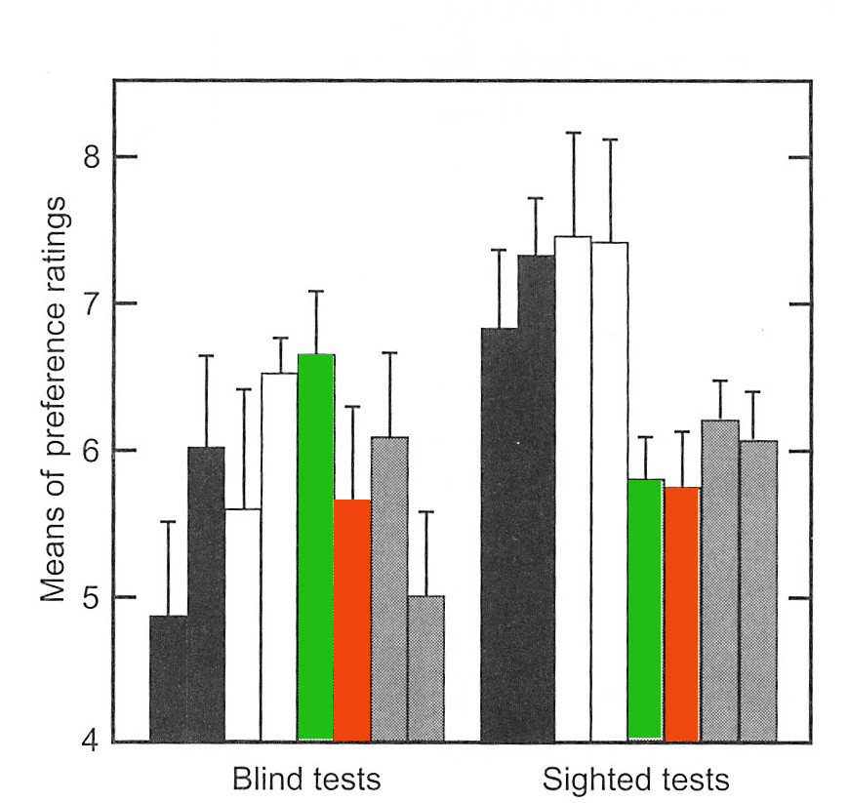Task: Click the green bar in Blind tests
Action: [x=315, y=546]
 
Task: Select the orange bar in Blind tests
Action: [x=352, y=620]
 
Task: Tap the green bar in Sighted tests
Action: [x=645, y=610]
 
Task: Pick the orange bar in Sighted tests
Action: [x=682, y=613]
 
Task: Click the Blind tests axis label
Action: [x=305, y=781]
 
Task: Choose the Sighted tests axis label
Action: [x=635, y=781]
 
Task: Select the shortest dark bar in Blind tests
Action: [x=168, y=678]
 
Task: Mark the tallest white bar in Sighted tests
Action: [x=573, y=488]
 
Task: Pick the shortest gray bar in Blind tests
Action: [x=425, y=668]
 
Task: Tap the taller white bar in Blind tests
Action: [x=279, y=556]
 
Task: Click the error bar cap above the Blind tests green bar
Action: [x=315, y=291]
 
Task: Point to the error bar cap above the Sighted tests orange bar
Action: [x=682, y=431]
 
